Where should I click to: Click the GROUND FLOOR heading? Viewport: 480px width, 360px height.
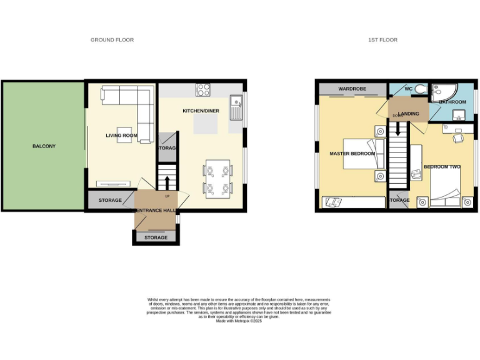pos(112,40)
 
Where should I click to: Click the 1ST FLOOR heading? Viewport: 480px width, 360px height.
pos(382,40)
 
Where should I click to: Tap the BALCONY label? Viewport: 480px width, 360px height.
pos(44,146)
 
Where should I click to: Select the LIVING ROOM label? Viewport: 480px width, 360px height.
pos(121,136)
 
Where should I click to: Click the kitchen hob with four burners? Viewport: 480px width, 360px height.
pos(204,90)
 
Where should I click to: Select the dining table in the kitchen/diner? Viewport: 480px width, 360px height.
pos(217,178)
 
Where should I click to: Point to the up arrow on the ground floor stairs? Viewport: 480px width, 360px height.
pos(166,182)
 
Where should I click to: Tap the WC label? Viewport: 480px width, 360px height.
pos(409,89)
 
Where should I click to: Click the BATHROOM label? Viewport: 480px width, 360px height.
pos(452,102)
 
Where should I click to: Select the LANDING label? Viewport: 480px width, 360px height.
pos(409,113)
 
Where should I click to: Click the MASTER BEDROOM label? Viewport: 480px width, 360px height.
pos(352,153)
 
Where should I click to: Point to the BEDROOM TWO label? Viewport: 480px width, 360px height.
pos(442,167)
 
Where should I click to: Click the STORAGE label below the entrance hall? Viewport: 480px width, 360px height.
pos(156,237)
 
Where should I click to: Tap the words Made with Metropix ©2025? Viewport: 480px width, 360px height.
pos(239,321)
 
